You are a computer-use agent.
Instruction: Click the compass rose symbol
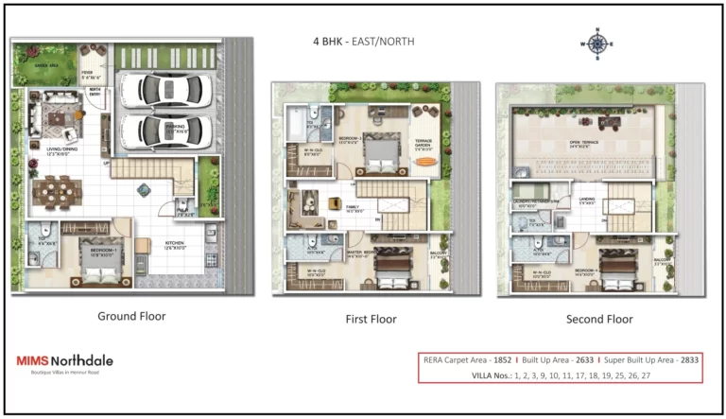596,44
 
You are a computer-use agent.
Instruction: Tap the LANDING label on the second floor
587,201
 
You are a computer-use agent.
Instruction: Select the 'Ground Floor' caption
131,317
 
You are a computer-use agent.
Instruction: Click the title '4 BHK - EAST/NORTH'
363,43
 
